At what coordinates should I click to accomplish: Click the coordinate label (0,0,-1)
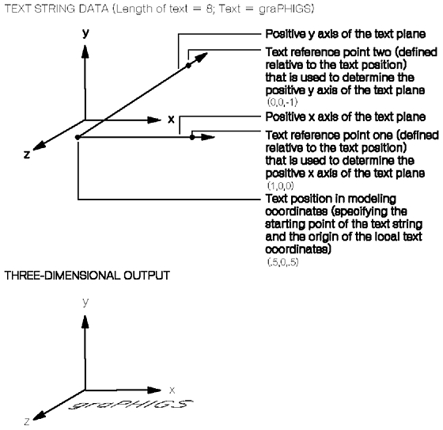[282, 102]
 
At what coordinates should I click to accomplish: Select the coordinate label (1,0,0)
[281, 185]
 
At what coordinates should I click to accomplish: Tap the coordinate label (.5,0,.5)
[283, 262]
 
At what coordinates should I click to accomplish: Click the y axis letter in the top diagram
[85, 33]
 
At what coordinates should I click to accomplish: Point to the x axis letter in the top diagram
[171, 120]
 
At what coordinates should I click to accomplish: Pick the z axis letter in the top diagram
[27, 154]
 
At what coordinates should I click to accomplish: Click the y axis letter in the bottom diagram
[85, 302]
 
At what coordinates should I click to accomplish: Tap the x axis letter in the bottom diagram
[172, 390]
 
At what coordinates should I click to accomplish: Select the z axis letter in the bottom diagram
[27, 422]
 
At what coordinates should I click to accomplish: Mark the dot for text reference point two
[188, 66]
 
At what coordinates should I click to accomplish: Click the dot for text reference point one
[192, 138]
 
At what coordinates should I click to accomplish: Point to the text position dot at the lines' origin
[78, 138]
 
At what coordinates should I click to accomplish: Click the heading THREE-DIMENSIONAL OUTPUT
[87, 276]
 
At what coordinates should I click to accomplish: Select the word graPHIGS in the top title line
[285, 9]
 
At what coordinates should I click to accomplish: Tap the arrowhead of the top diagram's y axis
[85, 51]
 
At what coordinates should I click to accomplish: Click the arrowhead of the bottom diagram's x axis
[154, 390]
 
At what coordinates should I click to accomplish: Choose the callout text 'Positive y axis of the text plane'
[345, 34]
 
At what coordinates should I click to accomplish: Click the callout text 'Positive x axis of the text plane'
[345, 117]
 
